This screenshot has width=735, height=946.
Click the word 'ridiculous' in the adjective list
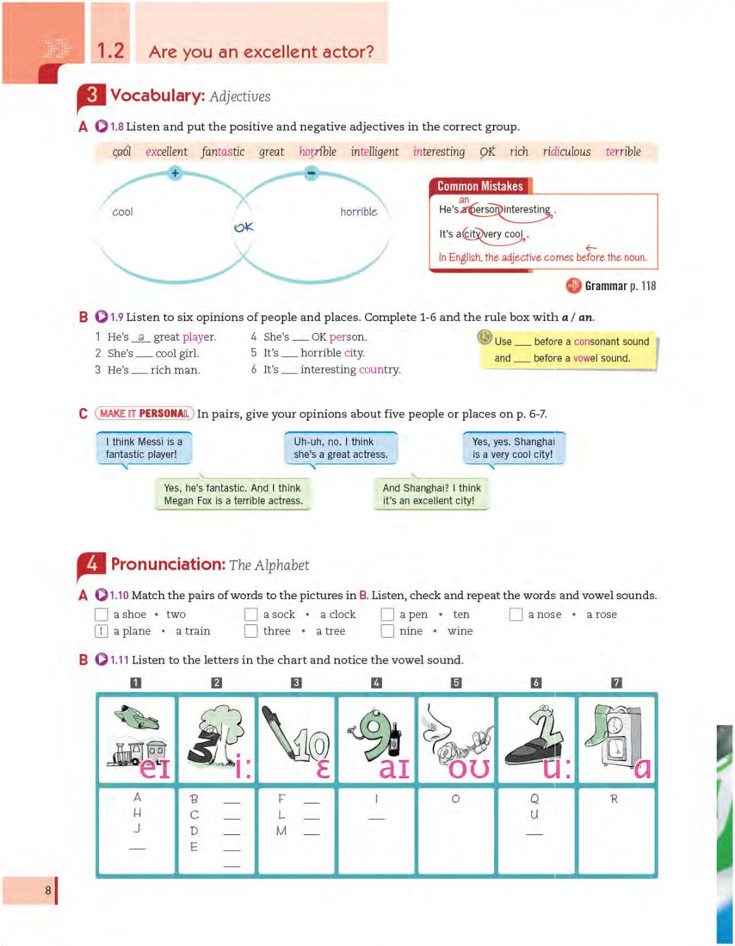pos(567,152)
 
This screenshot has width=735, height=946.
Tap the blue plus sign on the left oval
pos(175,173)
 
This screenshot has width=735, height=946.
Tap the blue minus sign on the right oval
pos(311,173)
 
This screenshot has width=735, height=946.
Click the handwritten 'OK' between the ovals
pos(243,227)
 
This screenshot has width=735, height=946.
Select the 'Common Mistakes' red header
pos(480,186)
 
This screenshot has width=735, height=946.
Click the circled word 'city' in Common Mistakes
pos(472,234)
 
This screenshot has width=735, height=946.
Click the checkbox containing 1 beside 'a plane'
pos(101,631)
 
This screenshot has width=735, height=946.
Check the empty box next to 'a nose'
pos(516,614)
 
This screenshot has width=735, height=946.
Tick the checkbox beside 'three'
pos(251,631)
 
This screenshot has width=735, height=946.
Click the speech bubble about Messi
pos(144,448)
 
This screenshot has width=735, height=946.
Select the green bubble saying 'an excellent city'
pos(431,494)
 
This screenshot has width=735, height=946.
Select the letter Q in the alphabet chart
pos(535,799)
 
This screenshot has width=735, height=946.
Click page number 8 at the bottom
pos(48,891)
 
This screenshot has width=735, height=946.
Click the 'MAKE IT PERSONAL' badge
pos(144,414)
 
